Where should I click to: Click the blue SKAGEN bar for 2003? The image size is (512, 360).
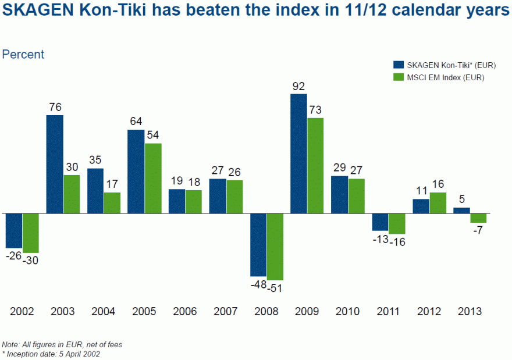click(55, 164)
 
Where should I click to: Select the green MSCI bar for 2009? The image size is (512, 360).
click(315, 166)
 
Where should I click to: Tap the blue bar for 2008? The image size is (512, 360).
click(258, 245)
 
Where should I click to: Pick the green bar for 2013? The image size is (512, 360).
click(478, 218)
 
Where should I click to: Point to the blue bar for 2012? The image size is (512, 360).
click(421, 206)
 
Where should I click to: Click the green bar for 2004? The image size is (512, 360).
click(112, 203)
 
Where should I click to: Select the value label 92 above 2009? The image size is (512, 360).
click(298, 86)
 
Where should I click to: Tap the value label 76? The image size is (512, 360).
click(55, 107)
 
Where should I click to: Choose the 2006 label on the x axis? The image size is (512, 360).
click(185, 311)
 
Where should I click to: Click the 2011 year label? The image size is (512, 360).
click(389, 311)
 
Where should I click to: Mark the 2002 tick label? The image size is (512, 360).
click(22, 311)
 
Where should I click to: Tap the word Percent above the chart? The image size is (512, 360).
click(23, 55)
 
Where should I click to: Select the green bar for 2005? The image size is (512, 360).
click(152, 179)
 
